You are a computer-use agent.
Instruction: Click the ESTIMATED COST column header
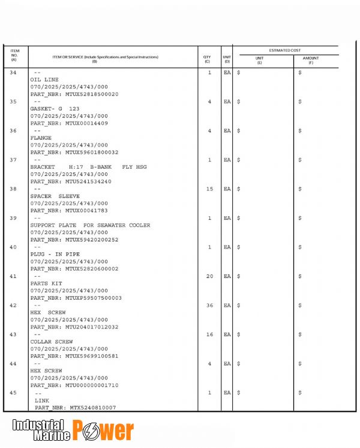(x=285, y=50)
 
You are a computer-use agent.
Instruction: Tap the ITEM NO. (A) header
(x=14, y=55)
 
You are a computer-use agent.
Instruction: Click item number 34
(x=14, y=73)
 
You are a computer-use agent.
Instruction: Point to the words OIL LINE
(x=44, y=80)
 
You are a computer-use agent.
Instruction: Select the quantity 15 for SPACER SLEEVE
(x=209, y=189)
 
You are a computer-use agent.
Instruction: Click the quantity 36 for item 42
(x=209, y=306)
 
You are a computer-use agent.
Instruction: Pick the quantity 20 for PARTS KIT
(x=209, y=276)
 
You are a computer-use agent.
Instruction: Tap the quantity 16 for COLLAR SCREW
(x=209, y=334)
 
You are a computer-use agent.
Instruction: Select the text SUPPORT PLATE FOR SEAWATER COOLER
(x=90, y=225)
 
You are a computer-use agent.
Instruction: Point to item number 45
(x=14, y=393)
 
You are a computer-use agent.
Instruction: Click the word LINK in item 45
(x=42, y=400)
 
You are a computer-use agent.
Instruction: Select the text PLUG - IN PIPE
(x=55, y=255)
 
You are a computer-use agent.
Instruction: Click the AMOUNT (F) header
(x=311, y=60)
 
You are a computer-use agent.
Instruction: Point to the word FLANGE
(x=41, y=138)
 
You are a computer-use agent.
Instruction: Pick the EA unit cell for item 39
(x=227, y=218)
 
